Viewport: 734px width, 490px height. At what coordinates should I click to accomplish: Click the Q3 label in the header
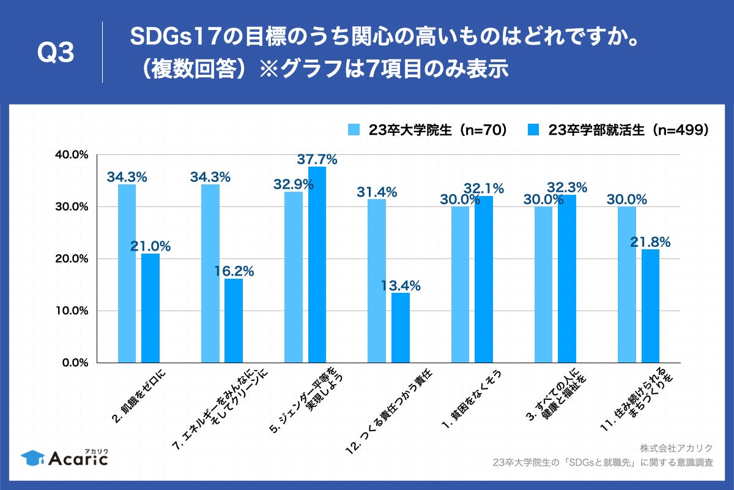click(x=56, y=53)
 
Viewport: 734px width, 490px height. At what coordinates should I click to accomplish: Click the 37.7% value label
click(x=317, y=159)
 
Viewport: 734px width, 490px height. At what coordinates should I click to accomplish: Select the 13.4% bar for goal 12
click(x=400, y=328)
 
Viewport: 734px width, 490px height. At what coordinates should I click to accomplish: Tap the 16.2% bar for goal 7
click(x=234, y=320)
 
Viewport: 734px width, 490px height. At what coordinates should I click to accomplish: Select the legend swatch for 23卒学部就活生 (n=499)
click(x=534, y=129)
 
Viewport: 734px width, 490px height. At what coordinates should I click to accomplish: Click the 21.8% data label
click(x=650, y=242)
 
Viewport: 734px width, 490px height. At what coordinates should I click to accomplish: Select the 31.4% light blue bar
click(x=377, y=281)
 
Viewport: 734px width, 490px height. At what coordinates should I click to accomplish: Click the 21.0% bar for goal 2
click(x=150, y=308)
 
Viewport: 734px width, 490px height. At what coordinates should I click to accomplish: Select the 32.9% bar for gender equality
click(x=294, y=277)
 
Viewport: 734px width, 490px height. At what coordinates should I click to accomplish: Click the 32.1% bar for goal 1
click(x=484, y=279)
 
